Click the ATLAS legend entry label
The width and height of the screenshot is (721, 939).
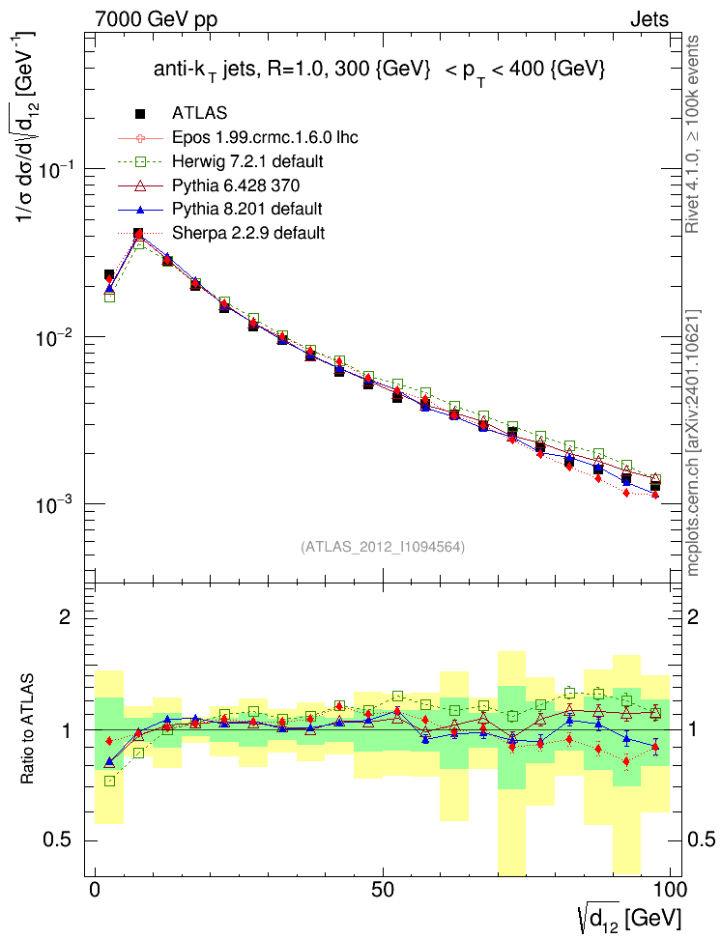coord(200,113)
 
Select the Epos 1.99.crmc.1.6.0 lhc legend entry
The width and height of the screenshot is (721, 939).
coord(266,137)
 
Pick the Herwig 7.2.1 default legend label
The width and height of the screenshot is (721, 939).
coord(247,160)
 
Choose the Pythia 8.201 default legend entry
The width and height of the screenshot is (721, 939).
coord(246,209)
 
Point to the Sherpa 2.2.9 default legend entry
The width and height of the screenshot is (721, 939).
coord(248,233)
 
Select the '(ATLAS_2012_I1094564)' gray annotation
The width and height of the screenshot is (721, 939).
coord(384,547)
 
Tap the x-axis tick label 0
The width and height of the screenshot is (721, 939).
coord(95,890)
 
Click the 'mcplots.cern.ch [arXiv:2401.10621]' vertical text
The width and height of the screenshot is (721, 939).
coord(694,444)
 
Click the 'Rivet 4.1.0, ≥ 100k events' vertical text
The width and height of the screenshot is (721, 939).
coord(694,133)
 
